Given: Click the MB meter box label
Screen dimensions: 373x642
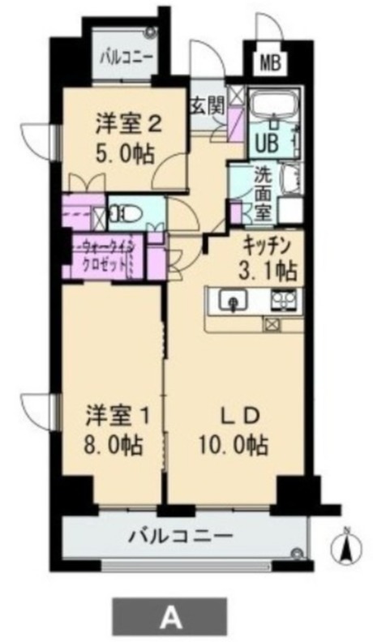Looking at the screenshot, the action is [270, 63].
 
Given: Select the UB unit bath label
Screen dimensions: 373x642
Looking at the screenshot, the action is [268, 143].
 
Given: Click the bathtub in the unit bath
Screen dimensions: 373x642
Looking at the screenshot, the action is [273, 102].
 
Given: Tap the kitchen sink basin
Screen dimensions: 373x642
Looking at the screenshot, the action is [233, 301].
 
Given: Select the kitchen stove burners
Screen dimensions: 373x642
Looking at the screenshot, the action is [283, 300].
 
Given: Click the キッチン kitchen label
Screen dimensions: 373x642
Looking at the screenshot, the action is [267, 248].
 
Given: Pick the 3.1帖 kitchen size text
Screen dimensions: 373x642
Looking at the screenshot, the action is [268, 271].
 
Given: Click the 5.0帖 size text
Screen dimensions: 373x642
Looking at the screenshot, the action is [126, 155].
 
